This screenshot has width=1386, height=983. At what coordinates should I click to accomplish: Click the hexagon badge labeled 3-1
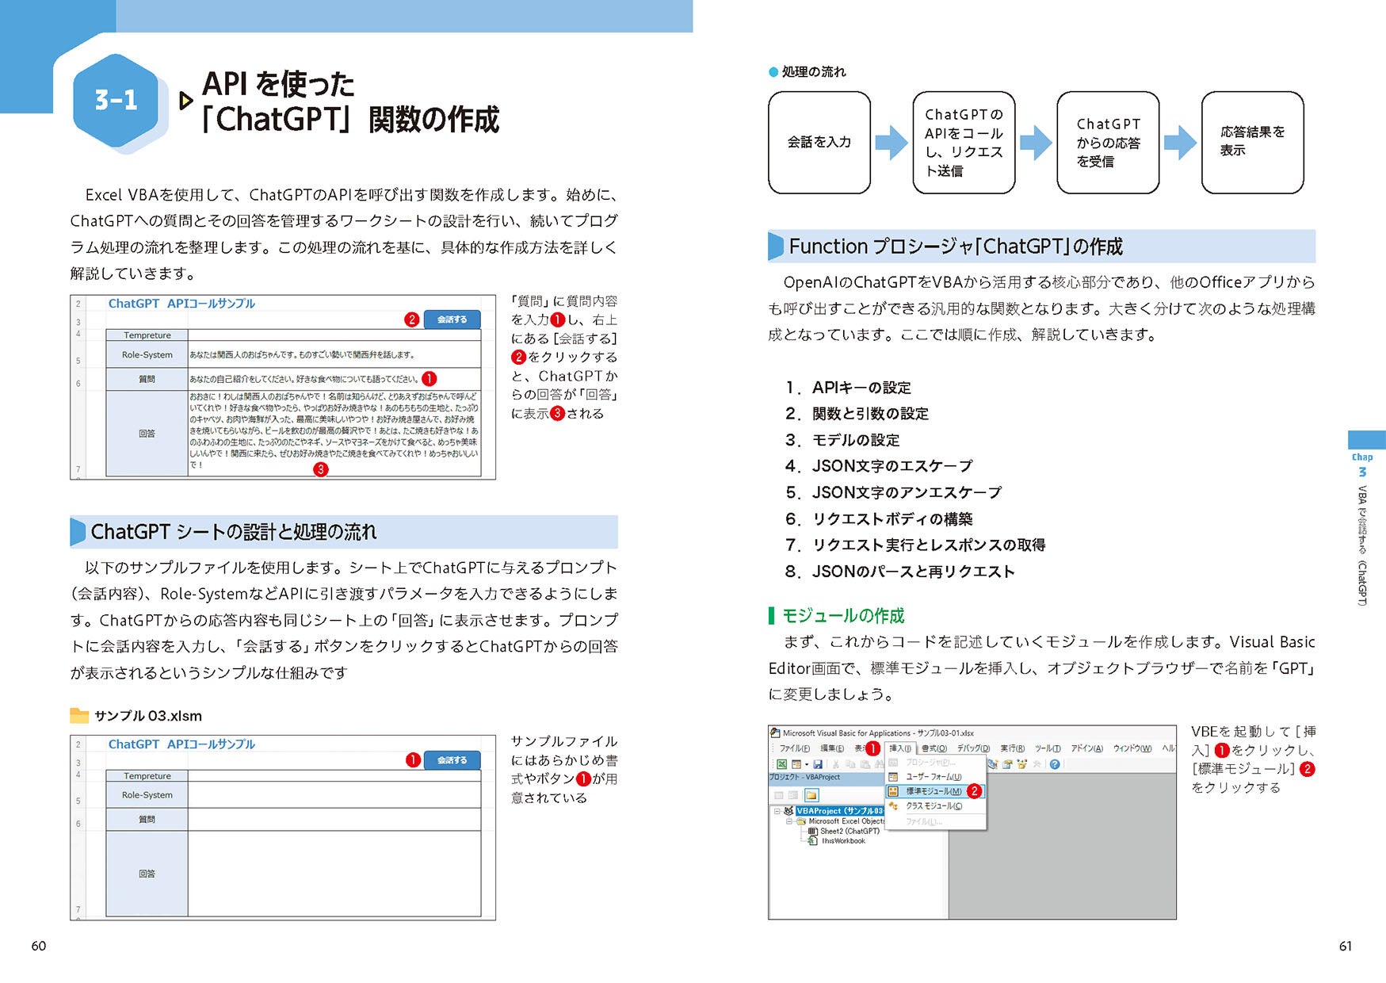(x=116, y=100)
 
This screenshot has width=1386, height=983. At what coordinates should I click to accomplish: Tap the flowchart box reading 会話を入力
(x=819, y=143)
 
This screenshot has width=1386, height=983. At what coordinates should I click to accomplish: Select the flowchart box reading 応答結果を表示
(x=1252, y=143)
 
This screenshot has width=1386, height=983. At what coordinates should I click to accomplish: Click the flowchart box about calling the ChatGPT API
(x=964, y=143)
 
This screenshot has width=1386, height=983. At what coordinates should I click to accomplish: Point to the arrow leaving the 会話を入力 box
(x=892, y=143)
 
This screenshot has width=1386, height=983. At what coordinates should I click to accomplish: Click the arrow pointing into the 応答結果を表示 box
(x=1180, y=143)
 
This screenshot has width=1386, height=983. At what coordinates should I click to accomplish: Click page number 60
(x=39, y=946)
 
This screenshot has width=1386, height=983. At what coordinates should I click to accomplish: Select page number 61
(x=1346, y=946)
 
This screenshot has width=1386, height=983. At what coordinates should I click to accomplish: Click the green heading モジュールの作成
(x=842, y=616)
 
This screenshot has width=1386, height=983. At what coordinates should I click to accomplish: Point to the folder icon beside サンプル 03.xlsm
(x=79, y=716)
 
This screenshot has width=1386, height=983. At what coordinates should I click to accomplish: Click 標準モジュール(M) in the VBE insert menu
(x=934, y=791)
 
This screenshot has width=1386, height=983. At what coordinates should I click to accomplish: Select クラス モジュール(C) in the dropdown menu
(x=934, y=806)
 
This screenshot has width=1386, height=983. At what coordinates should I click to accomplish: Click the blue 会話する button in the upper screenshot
(x=452, y=319)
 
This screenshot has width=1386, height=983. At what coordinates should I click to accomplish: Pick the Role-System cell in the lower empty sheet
(x=147, y=795)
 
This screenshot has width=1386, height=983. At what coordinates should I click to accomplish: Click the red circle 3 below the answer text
(x=320, y=469)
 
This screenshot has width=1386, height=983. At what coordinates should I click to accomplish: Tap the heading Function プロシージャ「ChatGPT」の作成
(x=956, y=247)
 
